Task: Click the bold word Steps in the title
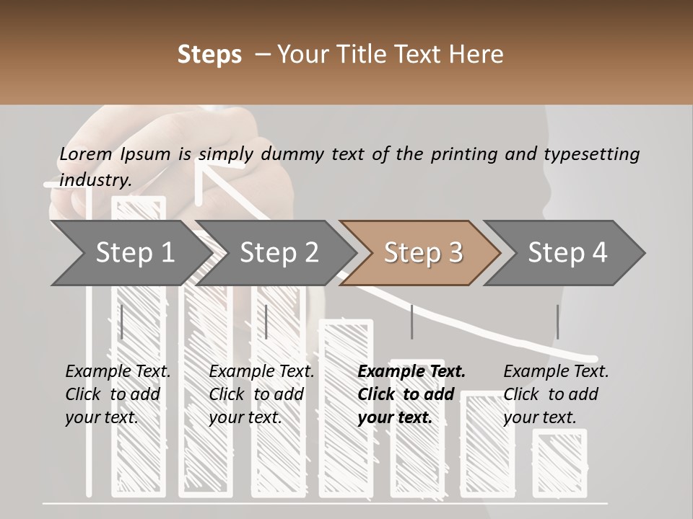click(x=209, y=55)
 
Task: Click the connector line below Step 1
click(x=122, y=321)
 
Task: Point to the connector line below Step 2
click(x=266, y=321)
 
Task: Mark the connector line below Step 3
click(x=412, y=321)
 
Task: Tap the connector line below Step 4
click(x=557, y=321)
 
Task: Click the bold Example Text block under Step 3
click(x=411, y=394)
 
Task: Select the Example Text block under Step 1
click(x=118, y=394)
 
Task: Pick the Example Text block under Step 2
click(x=261, y=394)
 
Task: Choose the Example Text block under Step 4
click(x=556, y=394)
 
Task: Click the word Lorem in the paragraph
click(x=86, y=154)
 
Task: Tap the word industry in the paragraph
click(x=95, y=180)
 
